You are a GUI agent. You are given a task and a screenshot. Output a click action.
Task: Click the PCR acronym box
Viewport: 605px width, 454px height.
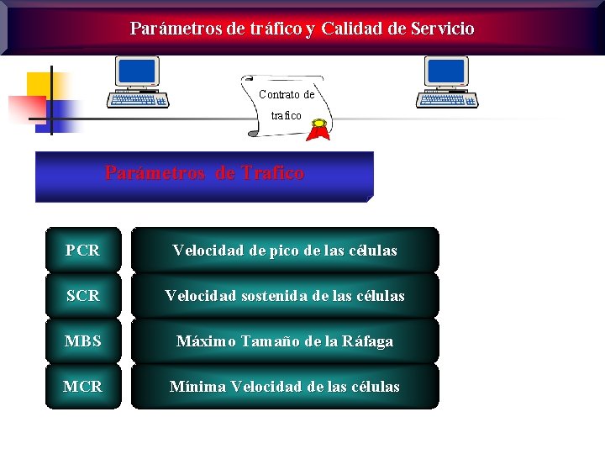click(82, 250)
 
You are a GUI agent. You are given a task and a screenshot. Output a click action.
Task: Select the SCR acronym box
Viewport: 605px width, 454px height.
click(82, 295)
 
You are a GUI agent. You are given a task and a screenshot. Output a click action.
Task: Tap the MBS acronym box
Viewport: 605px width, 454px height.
click(82, 340)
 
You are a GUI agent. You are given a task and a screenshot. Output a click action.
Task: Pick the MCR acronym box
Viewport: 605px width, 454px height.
click(82, 386)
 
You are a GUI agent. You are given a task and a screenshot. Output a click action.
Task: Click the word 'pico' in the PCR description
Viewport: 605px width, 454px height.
click(278, 251)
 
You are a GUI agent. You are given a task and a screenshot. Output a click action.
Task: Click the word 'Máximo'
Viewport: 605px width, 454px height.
click(206, 341)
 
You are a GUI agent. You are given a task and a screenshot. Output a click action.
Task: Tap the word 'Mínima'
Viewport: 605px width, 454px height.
click(197, 387)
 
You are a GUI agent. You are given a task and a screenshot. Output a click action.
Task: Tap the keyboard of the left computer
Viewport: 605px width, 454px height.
click(139, 99)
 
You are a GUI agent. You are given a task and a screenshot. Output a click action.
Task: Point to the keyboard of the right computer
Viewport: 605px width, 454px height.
click(449, 99)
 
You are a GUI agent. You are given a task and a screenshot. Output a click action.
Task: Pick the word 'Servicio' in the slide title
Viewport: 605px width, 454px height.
click(443, 29)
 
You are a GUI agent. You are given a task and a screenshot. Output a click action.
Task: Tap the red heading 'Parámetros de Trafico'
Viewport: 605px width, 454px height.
click(204, 173)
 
